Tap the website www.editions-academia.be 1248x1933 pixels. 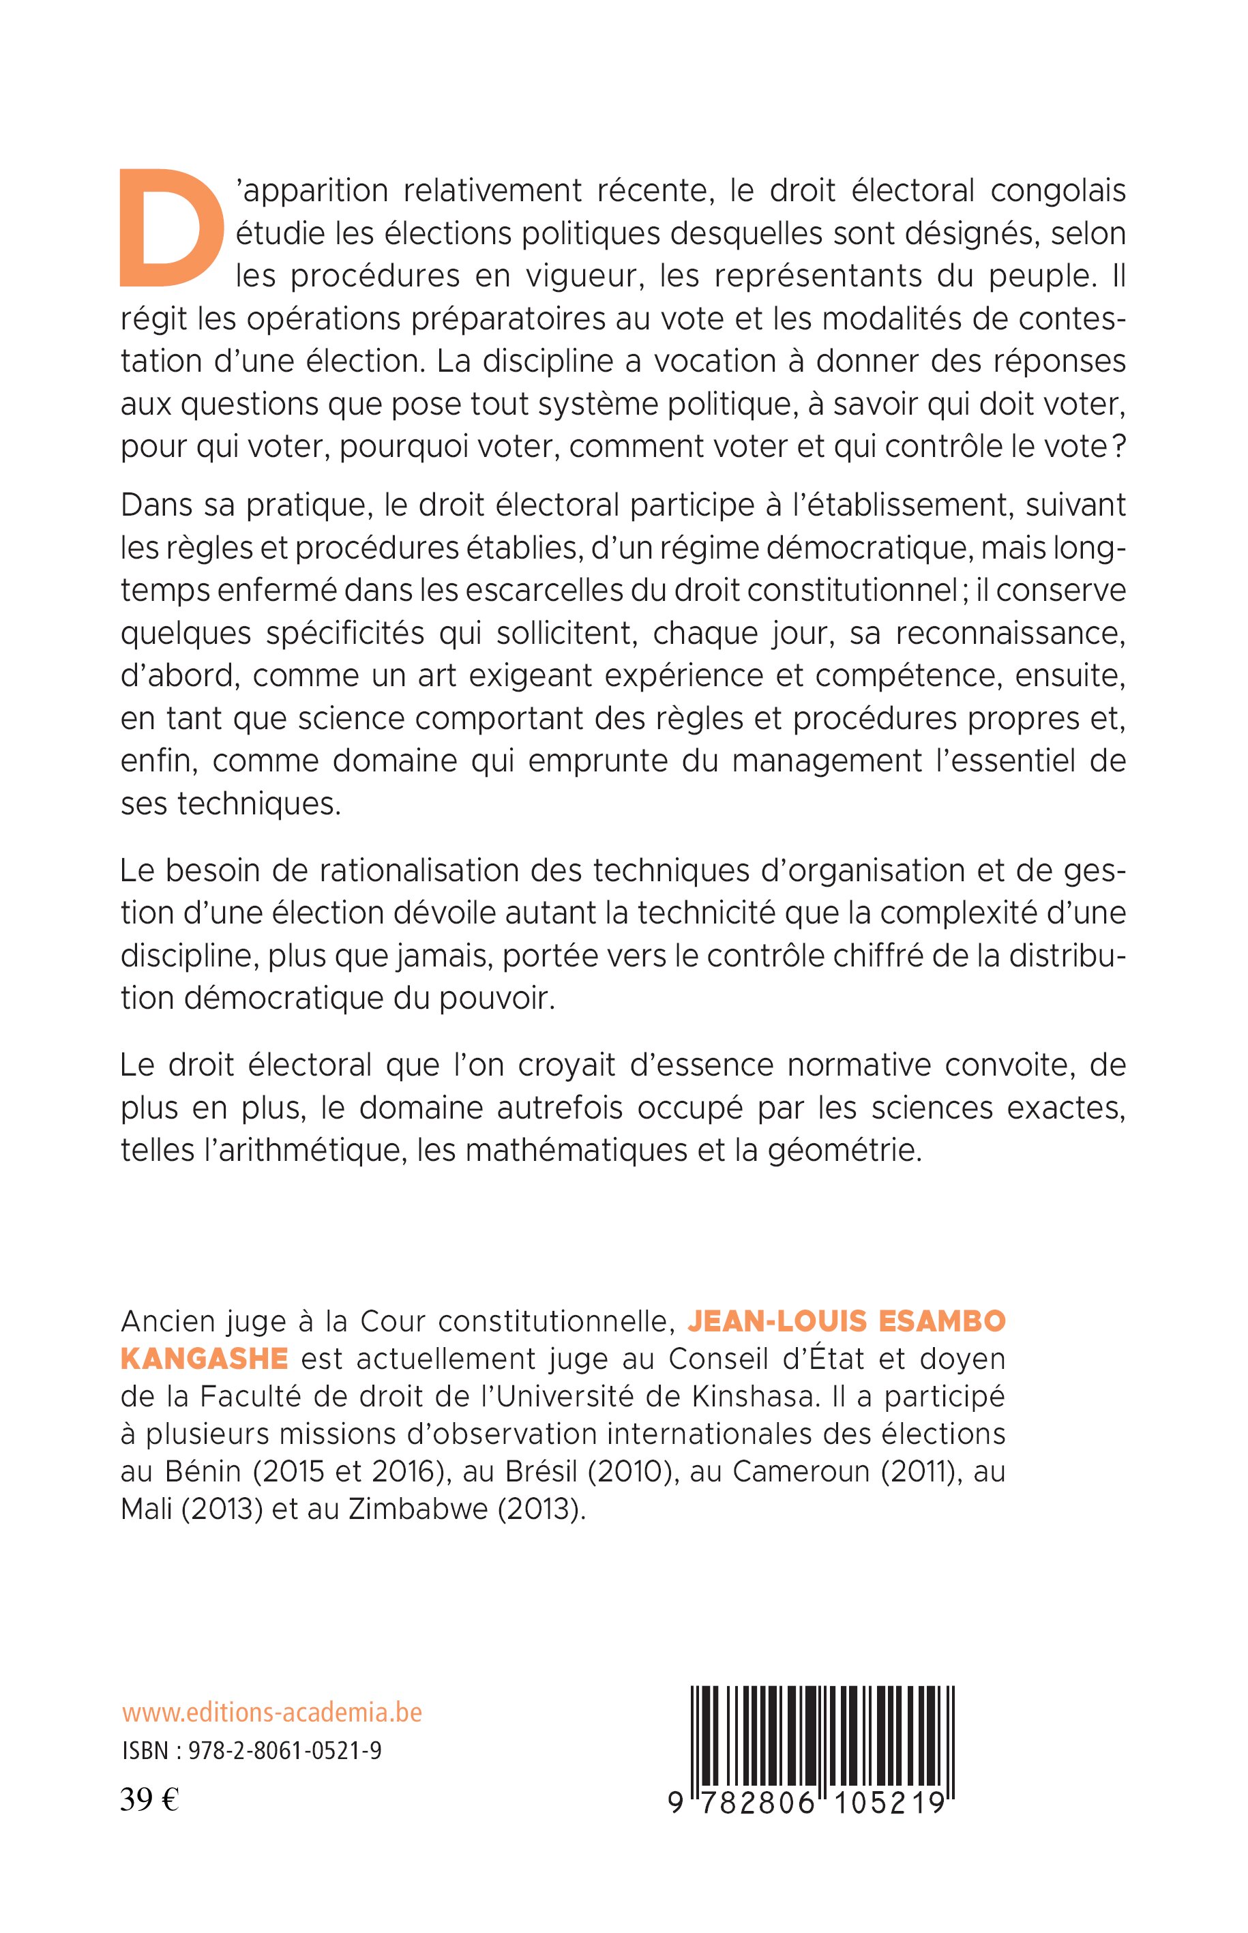[x=272, y=1713]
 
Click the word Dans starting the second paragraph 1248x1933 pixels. [x=155, y=504]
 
